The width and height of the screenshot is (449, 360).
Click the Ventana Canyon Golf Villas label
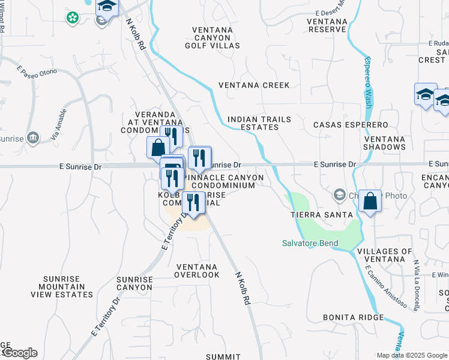pyautogui.click(x=215, y=37)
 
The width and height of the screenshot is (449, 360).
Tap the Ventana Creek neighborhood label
pyautogui.click(x=254, y=85)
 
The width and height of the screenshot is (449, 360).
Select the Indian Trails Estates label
pyautogui.click(x=259, y=123)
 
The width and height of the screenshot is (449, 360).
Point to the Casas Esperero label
pyautogui.click(x=351, y=125)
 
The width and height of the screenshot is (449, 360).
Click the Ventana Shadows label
pyautogui.click(x=384, y=143)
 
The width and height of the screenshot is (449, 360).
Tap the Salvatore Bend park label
pyautogui.click(x=310, y=243)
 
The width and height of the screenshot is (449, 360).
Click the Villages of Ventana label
pyautogui.click(x=384, y=255)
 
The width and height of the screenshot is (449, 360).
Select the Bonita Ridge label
pyautogui.click(x=353, y=317)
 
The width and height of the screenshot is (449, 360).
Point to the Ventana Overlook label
pyautogui.click(x=197, y=271)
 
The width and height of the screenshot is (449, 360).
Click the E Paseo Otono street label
pyautogui.click(x=37, y=72)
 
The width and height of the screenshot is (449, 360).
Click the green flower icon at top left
pyautogui.click(x=73, y=18)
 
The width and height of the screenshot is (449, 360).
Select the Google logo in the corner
pyautogui.click(x=20, y=353)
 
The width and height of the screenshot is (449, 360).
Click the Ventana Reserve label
pyautogui.click(x=327, y=25)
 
